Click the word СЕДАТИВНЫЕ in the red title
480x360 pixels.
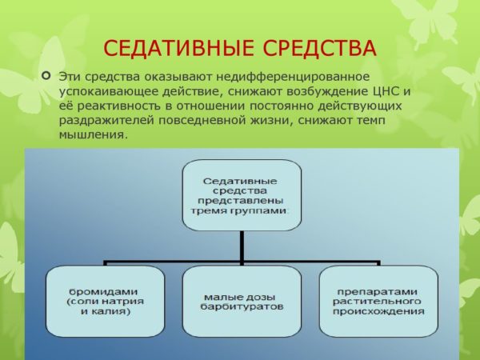(178, 48)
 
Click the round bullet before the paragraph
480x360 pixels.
(46, 75)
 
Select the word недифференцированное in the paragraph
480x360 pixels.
(293, 77)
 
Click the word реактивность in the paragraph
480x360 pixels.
(118, 106)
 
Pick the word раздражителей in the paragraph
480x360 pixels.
(106, 121)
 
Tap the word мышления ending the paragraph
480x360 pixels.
(93, 135)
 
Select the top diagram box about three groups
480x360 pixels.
(242, 195)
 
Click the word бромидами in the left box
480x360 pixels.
(103, 291)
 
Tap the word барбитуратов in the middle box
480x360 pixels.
(242, 306)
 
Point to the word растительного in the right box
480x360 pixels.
(377, 302)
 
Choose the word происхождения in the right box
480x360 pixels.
(378, 312)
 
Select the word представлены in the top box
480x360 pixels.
(241, 201)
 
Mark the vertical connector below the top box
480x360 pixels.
(242, 248)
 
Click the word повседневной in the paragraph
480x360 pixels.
(202, 120)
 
